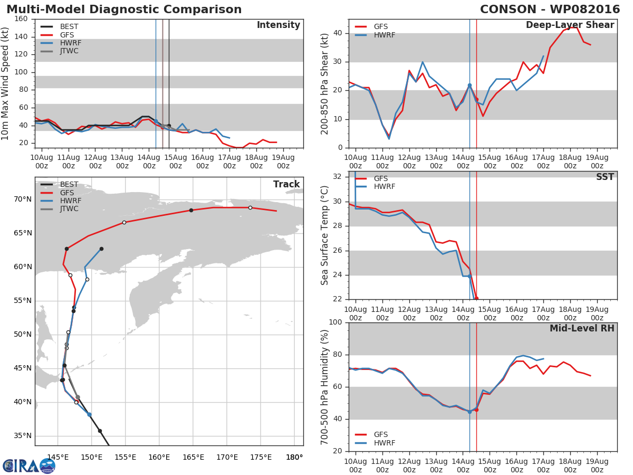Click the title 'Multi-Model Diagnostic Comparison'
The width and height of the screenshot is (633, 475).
tap(124, 9)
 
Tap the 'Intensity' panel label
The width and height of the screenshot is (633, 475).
tap(278, 25)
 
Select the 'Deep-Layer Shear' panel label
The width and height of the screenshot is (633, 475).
tap(570, 25)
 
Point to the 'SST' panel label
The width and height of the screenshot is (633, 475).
tap(605, 177)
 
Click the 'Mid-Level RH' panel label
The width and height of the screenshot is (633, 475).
tap(582, 328)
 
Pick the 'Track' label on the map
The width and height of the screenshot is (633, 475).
tap(286, 184)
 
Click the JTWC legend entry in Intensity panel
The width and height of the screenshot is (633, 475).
tap(69, 51)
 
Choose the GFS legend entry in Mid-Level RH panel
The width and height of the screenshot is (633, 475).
tap(380, 434)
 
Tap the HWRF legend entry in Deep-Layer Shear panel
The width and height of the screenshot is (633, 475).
tap(384, 35)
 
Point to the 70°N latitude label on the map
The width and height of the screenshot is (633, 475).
tap(22, 199)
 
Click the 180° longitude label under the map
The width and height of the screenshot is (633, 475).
tap(294, 457)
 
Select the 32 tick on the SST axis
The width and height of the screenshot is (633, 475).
tap(338, 176)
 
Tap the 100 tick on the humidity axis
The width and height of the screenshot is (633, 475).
tap(336, 322)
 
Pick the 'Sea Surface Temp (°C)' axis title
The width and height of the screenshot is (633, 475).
tap(325, 235)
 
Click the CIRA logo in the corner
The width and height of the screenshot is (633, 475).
tap(29, 465)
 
